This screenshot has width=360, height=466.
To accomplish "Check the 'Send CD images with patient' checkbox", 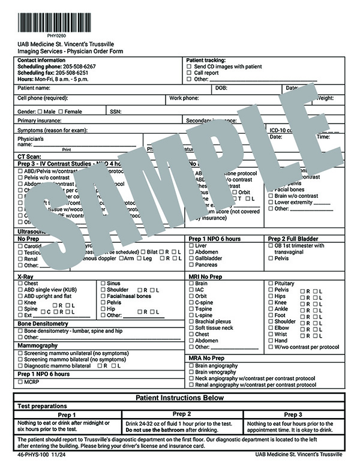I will [189, 67].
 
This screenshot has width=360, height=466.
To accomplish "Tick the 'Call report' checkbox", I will [189, 73].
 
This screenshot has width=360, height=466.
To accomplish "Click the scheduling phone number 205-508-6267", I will [78, 67].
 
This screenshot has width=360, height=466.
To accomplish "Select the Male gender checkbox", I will [40, 112].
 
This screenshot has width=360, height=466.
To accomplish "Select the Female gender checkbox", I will [60, 112].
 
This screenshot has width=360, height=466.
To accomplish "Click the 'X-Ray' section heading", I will [25, 276].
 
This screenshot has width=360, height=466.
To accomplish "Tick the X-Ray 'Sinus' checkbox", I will [103, 283].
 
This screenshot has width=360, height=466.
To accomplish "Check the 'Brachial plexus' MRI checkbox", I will [191, 321].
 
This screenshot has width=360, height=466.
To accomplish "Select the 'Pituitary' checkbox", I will [271, 283].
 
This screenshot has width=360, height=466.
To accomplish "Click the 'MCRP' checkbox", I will [20, 381].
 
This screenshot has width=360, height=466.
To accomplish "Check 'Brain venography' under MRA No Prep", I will [191, 372].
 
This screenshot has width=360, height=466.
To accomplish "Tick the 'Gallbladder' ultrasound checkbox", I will [191, 258].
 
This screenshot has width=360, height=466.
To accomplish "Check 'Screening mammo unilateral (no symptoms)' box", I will [20, 353].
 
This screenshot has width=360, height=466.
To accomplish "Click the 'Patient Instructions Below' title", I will [179, 398].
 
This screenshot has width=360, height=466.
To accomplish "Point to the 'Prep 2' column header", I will [181, 414].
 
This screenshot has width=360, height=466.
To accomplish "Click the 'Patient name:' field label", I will [34, 88].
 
